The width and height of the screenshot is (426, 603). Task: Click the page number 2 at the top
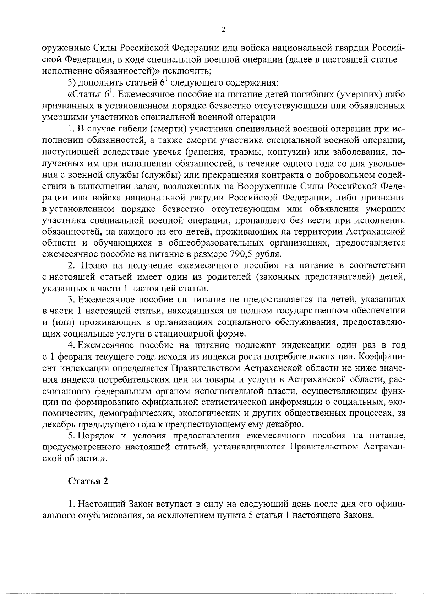click(223, 30)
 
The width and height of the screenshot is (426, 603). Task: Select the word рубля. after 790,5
click(271, 254)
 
